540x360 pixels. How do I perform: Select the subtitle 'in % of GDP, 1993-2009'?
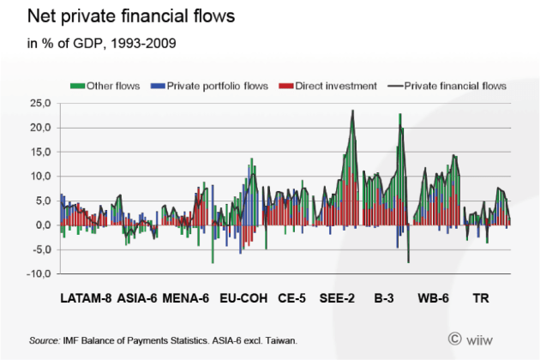(102, 43)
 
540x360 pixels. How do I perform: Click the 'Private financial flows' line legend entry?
(447, 86)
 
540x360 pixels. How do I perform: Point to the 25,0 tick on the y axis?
(40, 103)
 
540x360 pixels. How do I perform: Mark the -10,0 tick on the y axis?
(39, 273)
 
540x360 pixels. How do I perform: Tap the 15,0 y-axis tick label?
(40, 152)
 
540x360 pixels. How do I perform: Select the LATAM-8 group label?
(87, 299)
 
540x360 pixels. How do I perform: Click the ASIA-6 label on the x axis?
(136, 299)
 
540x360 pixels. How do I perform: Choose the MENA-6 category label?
(186, 299)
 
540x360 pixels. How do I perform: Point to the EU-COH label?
(243, 299)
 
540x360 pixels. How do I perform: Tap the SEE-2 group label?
(338, 299)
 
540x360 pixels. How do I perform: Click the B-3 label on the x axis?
(383, 299)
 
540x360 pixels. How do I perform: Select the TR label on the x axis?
(482, 299)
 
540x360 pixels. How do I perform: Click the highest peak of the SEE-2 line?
(352, 111)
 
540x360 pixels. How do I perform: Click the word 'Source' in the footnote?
(44, 340)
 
